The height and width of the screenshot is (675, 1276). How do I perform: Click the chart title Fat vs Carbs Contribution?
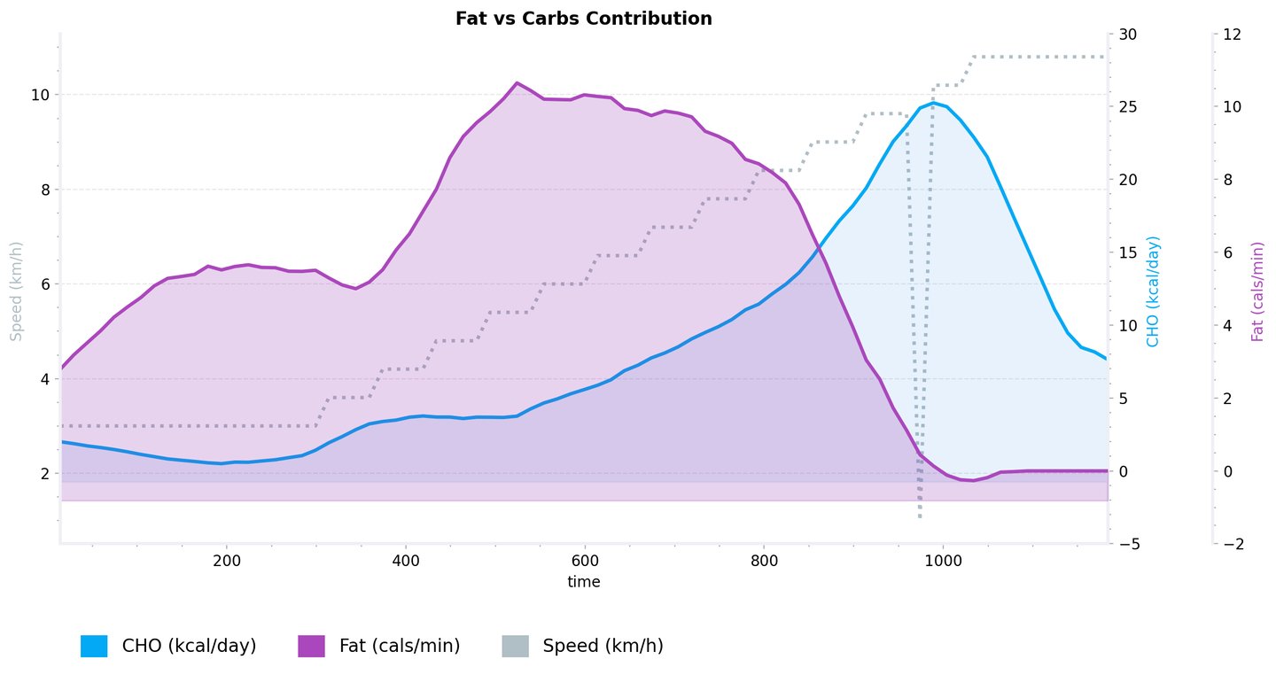[x=583, y=19]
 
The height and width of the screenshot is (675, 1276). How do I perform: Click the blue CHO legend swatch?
[x=94, y=646]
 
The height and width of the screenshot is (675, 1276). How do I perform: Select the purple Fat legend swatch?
[x=311, y=646]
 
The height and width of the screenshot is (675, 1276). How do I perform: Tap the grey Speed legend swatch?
[x=515, y=646]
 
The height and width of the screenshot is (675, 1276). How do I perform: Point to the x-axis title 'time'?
[x=584, y=582]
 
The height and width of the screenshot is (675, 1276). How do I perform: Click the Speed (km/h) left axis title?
[x=15, y=290]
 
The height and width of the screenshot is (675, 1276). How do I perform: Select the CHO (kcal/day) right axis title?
[x=1152, y=291]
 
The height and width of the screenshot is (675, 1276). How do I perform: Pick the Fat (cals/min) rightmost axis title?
[x=1257, y=291]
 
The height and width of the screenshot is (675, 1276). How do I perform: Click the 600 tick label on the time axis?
[x=585, y=561]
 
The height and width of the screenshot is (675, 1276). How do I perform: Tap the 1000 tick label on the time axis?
[x=943, y=561]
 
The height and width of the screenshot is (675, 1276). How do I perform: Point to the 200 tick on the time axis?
[x=227, y=561]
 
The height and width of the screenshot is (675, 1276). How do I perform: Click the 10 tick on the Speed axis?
[x=41, y=95]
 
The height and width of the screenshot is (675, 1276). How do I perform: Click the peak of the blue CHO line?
[x=933, y=103]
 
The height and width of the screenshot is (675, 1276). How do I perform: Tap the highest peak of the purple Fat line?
[x=517, y=82]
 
